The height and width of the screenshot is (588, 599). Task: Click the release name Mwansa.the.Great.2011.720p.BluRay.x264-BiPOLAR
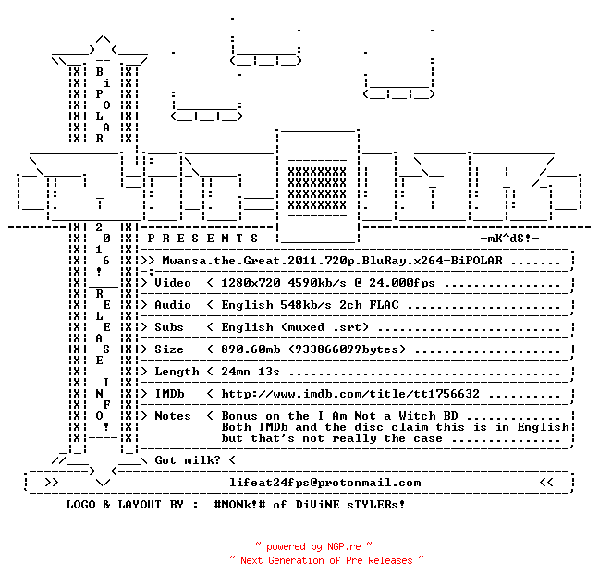point(333,261)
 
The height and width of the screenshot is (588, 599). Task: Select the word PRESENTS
point(202,239)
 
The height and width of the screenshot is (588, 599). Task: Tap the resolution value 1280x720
point(251,283)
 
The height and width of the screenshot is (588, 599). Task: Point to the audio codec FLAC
point(384,305)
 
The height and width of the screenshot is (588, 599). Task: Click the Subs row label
point(169,327)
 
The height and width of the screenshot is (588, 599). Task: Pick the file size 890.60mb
point(251,349)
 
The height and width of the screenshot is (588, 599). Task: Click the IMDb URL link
point(350,394)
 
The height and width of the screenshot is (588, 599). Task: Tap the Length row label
point(177,372)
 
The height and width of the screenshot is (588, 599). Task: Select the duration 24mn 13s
point(251,372)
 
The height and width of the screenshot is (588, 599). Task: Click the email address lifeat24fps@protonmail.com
point(325,483)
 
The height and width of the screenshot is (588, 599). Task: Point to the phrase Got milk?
point(188,460)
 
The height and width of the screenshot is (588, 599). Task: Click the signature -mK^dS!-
point(509,239)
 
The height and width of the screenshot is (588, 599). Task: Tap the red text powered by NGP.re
point(313,546)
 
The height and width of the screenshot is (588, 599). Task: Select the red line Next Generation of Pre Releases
point(326,560)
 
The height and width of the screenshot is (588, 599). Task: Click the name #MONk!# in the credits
point(240,504)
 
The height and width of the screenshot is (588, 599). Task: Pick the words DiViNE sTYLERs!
point(350,504)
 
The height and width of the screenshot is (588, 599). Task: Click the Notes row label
point(173,416)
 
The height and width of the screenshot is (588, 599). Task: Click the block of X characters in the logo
point(317,188)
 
